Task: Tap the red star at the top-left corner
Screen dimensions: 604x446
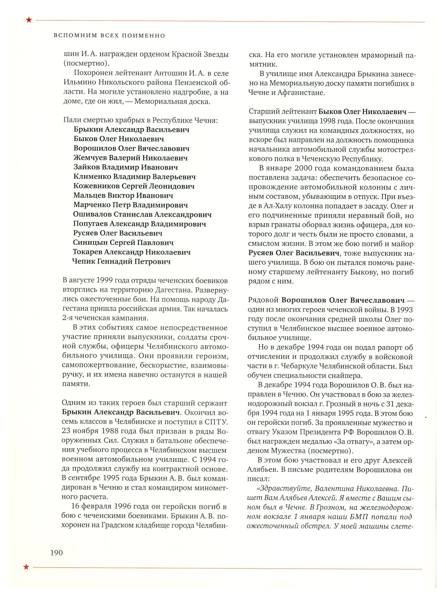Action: [29, 20]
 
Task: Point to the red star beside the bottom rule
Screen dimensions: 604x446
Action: [26, 567]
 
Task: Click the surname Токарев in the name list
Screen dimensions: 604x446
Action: [87, 252]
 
